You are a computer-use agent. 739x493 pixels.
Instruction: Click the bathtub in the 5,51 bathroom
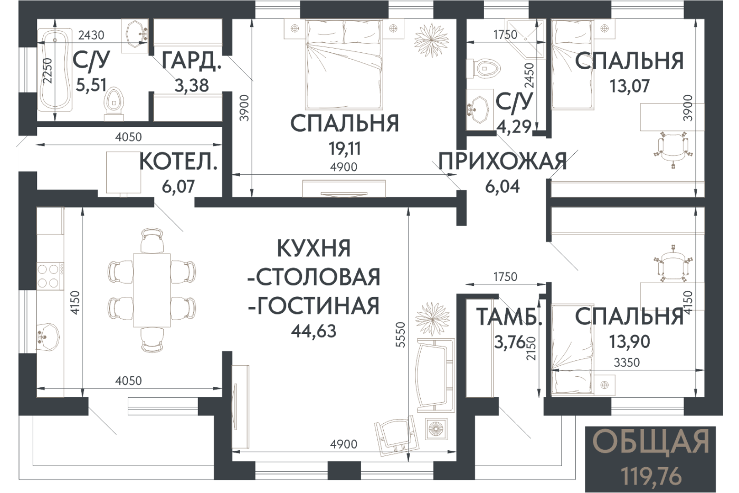pos(55,69)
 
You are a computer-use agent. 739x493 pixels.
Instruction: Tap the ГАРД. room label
pos(192,62)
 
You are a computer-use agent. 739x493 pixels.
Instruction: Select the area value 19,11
pos(345,148)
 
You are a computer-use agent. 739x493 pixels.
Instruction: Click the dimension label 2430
pos(91,35)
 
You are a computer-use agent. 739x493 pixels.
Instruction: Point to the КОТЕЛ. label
pos(178,162)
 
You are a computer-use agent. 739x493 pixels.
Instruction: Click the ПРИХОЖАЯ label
pos(503,161)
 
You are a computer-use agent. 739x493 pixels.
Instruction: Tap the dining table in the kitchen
pos(152,290)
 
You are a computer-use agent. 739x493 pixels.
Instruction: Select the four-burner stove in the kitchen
pos(50,275)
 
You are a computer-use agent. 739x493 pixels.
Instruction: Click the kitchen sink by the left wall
pos(48,336)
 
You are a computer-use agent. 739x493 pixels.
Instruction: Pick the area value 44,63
pos(314,331)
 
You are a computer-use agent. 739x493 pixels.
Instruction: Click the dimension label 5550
pos(401,334)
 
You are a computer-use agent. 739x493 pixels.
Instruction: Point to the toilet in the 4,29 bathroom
pos(482,69)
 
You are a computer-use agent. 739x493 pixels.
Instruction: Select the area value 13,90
pos(629,341)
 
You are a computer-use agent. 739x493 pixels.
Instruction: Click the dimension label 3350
pos(627,362)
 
